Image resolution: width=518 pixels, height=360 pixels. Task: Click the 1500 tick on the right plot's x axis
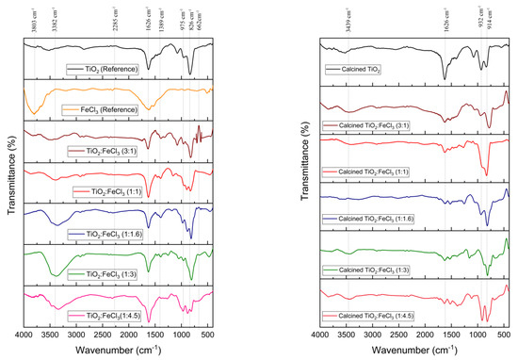[x=450, y=334]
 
